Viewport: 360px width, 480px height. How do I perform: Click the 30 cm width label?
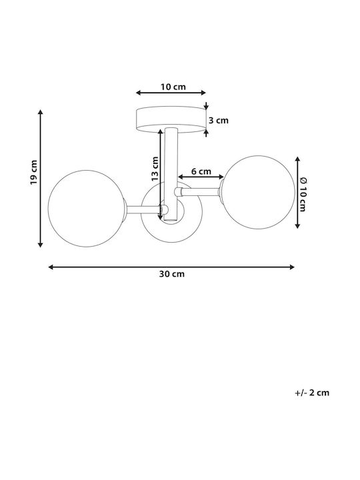pyautogui.click(x=172, y=274)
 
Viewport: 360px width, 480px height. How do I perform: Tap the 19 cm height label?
pyautogui.click(x=34, y=172)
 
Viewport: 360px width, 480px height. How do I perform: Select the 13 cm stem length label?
pyautogui.click(x=155, y=169)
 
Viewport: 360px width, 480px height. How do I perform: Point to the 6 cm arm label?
pyautogui.click(x=201, y=171)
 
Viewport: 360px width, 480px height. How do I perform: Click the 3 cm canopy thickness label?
pyautogui.click(x=219, y=120)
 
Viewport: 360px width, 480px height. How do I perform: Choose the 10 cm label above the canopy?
pyautogui.click(x=173, y=87)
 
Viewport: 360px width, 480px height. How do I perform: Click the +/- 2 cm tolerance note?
pyautogui.click(x=312, y=393)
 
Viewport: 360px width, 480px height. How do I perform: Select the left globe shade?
pyautogui.click(x=87, y=209)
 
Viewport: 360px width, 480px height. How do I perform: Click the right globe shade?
pyautogui.click(x=258, y=192)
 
